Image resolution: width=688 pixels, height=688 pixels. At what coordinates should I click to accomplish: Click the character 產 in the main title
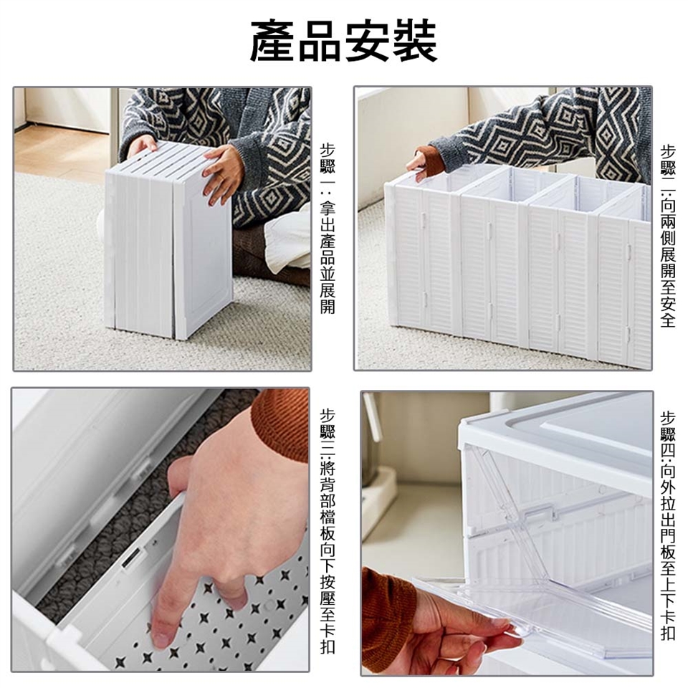pos(273,41)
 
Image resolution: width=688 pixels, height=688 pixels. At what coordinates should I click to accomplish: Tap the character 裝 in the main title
pos(414,41)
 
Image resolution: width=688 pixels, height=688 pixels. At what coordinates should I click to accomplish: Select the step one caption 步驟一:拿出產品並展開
pos(328,229)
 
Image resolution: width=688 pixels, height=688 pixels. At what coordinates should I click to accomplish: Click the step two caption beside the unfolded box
pos(668,236)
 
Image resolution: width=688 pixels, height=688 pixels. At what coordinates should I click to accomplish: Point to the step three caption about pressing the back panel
pos(328,530)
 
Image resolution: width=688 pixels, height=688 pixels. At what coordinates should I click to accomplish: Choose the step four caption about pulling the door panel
pos(668,525)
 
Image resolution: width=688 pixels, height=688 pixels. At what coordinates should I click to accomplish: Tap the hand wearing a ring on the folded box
pos(223,173)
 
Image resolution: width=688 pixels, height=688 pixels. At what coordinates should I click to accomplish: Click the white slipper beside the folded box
pos(287,241)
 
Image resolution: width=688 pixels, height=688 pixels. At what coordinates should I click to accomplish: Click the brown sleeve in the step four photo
pos(388,613)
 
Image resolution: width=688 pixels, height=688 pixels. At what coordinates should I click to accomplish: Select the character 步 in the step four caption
pos(668,418)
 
